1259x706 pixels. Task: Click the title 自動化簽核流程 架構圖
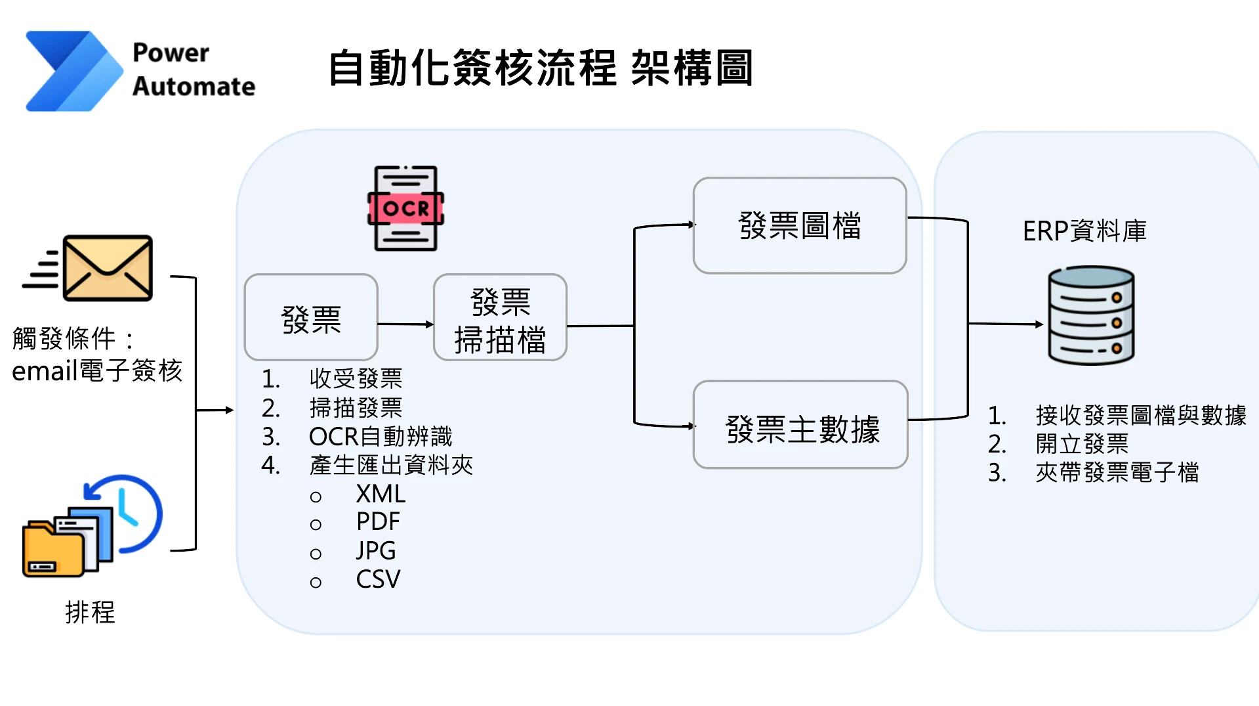click(x=540, y=68)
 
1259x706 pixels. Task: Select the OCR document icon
click(x=405, y=208)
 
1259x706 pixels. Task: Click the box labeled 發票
click(x=311, y=318)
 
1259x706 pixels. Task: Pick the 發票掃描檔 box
click(x=500, y=318)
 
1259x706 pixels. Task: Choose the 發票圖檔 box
click(x=799, y=225)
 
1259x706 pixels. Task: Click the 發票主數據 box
click(x=800, y=425)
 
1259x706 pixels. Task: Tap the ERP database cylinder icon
click(x=1090, y=315)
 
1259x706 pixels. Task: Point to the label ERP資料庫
click(x=1084, y=231)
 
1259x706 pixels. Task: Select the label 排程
click(x=90, y=612)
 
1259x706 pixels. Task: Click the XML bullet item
click(x=381, y=494)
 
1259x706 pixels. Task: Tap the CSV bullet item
click(x=378, y=579)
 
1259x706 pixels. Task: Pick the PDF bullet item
click(x=378, y=522)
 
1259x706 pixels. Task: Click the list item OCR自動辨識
click(x=381, y=436)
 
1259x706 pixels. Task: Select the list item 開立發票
click(x=1082, y=444)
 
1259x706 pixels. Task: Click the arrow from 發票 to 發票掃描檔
click(x=405, y=324)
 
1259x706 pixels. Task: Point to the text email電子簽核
click(x=97, y=371)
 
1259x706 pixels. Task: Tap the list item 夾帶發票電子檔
click(x=1117, y=472)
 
